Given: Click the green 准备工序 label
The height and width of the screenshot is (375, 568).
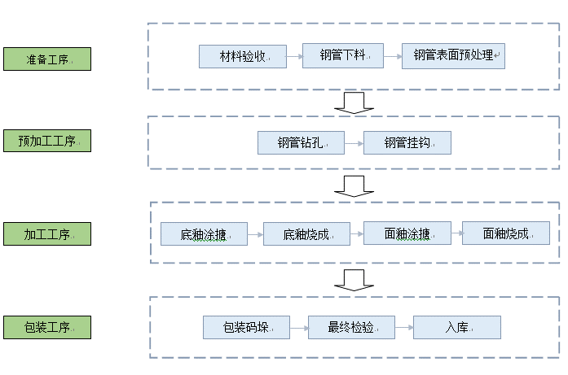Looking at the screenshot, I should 46,59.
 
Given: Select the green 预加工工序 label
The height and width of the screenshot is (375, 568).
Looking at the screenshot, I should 46,141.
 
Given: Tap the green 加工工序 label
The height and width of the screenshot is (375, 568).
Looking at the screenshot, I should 46,234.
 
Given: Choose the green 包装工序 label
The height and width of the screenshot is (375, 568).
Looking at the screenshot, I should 46,328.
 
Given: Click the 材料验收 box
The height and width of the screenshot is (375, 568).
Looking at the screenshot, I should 243,56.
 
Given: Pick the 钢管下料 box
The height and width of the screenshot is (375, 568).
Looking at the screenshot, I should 342,55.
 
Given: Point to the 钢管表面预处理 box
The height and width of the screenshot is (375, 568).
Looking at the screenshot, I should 453,56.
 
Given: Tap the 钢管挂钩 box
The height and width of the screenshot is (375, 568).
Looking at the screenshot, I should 407,143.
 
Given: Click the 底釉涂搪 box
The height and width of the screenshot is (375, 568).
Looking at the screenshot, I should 204,234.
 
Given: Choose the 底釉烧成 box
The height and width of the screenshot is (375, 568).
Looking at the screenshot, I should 306,234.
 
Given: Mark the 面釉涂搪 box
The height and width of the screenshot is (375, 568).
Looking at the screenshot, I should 407,233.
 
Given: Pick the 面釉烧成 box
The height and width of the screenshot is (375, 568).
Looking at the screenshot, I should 505,233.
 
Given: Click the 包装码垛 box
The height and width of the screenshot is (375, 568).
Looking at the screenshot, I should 247,328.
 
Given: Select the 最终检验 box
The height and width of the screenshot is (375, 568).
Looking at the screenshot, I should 351,328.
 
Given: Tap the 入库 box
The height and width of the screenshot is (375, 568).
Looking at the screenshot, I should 456,328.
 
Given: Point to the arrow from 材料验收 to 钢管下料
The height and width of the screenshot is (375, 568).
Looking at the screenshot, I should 295,56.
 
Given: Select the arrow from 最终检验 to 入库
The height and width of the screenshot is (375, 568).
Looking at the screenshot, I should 404,328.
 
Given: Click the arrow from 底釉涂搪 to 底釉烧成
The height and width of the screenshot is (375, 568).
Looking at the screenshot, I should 255,234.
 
